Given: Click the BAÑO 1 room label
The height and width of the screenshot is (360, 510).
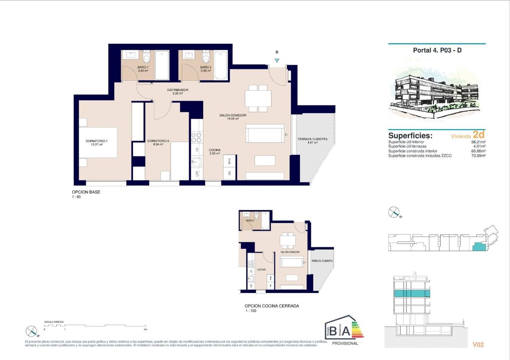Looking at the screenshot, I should (x=143, y=68).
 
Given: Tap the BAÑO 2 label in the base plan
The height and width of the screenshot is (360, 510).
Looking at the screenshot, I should (x=206, y=68).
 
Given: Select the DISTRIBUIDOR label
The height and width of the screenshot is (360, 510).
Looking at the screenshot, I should (x=178, y=90).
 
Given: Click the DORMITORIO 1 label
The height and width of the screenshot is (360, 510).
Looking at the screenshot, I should (x=97, y=141).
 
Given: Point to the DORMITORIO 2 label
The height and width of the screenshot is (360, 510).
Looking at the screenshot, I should (x=158, y=141).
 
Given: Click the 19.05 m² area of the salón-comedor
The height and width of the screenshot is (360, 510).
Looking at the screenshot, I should (x=233, y=119).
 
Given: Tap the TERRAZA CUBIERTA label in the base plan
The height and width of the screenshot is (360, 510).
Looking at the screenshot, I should (x=312, y=139).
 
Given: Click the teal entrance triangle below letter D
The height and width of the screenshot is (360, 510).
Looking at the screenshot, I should (x=277, y=61).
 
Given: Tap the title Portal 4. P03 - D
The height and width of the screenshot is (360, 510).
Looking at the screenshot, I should (x=437, y=50).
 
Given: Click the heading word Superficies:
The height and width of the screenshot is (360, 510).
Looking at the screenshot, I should (x=410, y=136).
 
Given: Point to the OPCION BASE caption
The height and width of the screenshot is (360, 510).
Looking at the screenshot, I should (x=86, y=192).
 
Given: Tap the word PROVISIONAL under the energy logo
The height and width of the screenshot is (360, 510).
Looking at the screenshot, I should (x=345, y=343).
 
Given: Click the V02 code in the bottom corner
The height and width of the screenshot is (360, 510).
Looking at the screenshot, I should (x=478, y=345).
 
